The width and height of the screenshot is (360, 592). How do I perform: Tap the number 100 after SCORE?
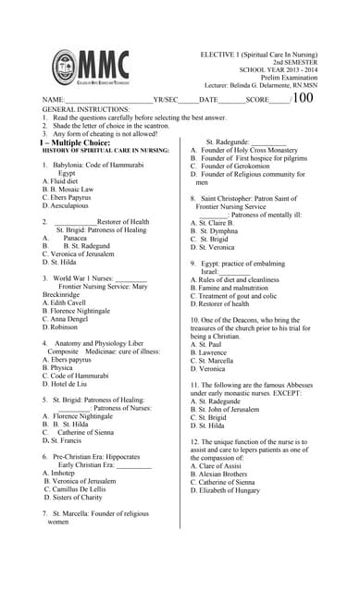304,98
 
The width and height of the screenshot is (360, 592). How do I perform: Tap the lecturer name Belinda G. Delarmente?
264,84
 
